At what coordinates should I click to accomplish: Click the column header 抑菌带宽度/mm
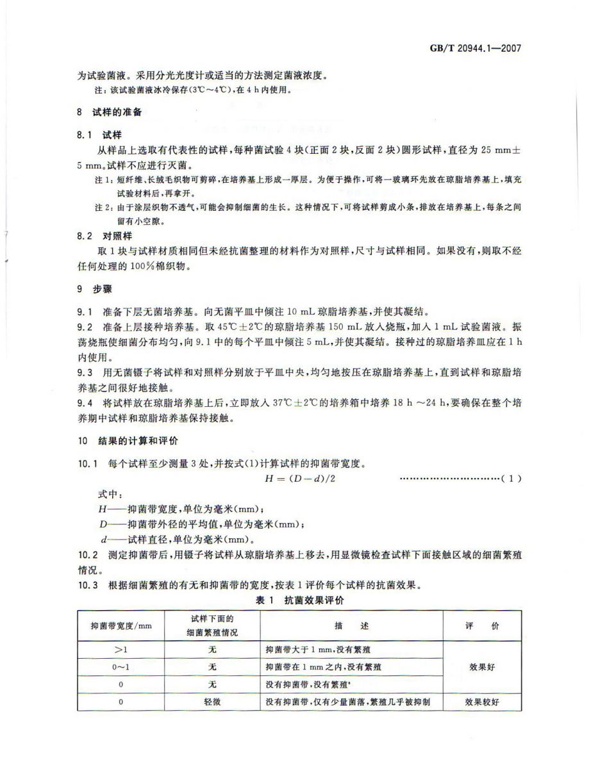(120, 625)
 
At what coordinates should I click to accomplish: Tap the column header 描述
(352, 625)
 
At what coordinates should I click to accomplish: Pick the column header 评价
(482, 625)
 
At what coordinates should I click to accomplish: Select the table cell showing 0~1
(120, 667)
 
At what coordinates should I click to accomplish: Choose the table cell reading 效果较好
(482, 702)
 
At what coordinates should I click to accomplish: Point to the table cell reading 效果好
(482, 667)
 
